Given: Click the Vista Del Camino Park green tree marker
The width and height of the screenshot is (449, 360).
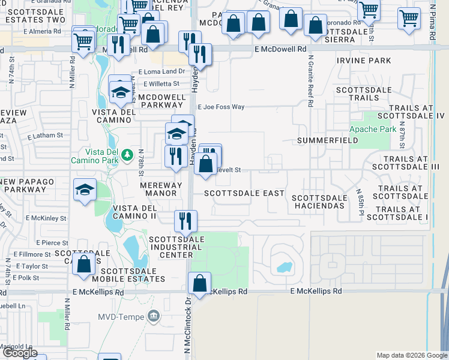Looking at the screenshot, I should click(127, 155).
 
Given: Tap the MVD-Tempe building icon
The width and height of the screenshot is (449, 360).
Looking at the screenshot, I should click(154, 316).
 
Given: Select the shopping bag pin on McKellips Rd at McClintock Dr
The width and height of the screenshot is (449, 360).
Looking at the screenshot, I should click(199, 283).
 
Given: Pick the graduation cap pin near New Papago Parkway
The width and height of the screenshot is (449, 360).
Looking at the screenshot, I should click(85, 190).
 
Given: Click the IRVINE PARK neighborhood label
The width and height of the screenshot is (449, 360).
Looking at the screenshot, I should click(364, 61).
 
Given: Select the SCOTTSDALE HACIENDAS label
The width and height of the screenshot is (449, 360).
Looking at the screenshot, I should click(319, 202).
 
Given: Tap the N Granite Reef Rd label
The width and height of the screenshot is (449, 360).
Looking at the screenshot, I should click(311, 81).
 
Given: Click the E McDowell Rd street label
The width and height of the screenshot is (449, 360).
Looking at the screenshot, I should click(280, 49).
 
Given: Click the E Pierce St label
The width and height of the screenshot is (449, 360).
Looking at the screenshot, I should click(52, 243).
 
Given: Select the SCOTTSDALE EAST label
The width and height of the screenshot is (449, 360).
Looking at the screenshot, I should click(244, 193).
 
